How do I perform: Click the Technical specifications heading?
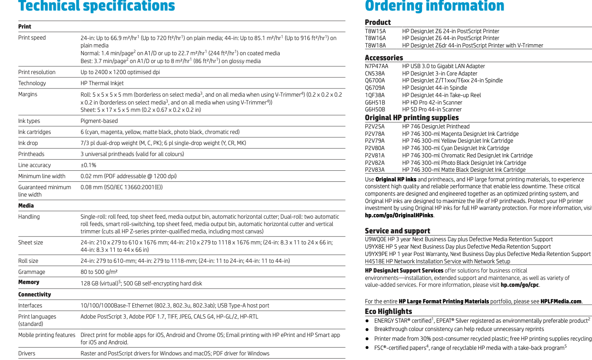[x=97, y=6]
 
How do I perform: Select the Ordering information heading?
[x=434, y=6]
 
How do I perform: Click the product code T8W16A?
[x=375, y=38]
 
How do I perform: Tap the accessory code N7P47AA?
[x=376, y=66]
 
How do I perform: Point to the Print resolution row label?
[x=37, y=72]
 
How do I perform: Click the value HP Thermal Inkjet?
[x=102, y=83]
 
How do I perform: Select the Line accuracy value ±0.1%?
[x=88, y=165]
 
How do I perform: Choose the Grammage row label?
[x=32, y=272]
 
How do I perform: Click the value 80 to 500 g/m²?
[x=100, y=272]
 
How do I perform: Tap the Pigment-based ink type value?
[x=99, y=121]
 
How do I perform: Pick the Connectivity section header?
[x=35, y=295]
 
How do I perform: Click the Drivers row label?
[x=27, y=354]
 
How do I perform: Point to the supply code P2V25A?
[x=375, y=127]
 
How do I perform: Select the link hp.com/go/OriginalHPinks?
[x=399, y=215]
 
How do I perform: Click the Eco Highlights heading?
[x=388, y=312]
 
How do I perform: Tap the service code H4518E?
[x=375, y=261]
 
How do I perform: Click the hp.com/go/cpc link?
[x=520, y=285]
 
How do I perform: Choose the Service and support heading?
[x=397, y=231]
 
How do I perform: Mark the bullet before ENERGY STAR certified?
[x=367, y=320]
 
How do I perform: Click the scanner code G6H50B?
[x=375, y=110]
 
